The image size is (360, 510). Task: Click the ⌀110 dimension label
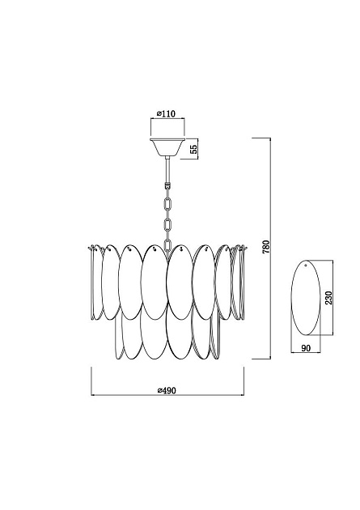point(166,113)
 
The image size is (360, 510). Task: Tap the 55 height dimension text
point(193,149)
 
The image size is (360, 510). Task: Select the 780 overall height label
point(265,247)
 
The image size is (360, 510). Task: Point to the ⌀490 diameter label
point(167,390)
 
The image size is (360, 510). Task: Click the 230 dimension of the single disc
point(328,297)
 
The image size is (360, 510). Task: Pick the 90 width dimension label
point(306,348)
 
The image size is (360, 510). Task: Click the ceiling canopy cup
point(167,147)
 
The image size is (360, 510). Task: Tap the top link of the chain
point(167,205)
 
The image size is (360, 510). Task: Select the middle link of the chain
point(167,225)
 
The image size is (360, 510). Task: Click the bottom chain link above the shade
point(167,244)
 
